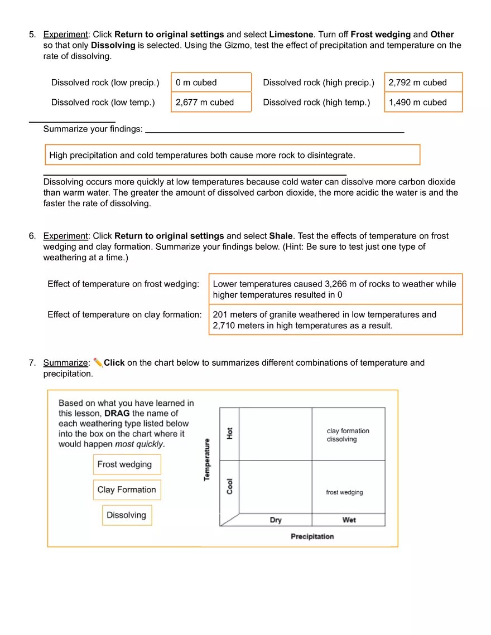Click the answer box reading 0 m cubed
tap(211, 83)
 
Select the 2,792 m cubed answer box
tap(423, 83)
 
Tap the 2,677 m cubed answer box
tap(211, 103)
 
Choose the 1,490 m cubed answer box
tap(423, 103)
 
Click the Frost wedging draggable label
tap(127, 464)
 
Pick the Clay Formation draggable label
tap(127, 490)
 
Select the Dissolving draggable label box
tap(127, 515)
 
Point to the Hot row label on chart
tap(230, 433)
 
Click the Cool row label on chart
tap(230, 486)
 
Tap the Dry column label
tap(276, 520)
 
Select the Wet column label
tap(349, 520)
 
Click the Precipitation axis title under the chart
tap(312, 536)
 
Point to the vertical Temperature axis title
tap(208, 459)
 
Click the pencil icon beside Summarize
tap(98, 362)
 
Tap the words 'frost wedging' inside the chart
tap(344, 492)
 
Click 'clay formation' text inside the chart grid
tap(348, 431)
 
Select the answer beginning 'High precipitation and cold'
tap(232, 155)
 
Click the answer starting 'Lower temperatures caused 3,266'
tap(335, 289)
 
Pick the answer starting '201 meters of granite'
tap(335, 320)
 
